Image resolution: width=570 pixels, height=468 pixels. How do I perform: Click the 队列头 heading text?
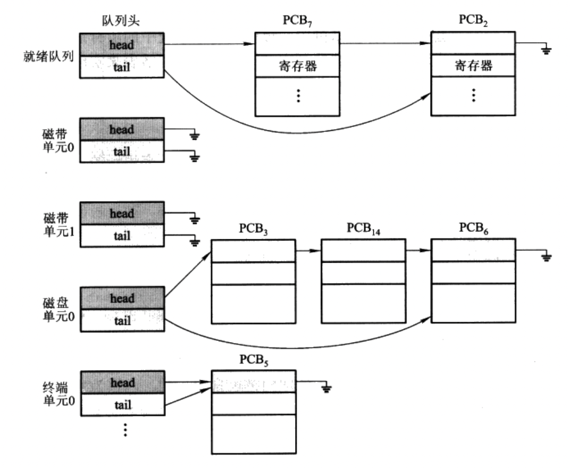tap(120, 20)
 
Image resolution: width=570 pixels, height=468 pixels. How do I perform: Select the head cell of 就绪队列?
tap(122, 44)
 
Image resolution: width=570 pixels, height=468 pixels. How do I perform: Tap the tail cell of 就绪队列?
tap(122, 67)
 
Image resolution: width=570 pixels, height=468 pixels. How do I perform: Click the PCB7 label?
tap(297, 21)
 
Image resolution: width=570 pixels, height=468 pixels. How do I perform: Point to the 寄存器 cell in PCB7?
tap(297, 66)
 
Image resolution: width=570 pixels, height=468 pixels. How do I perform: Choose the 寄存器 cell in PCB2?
tap(473, 65)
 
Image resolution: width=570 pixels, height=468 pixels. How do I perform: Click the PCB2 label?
tap(473, 20)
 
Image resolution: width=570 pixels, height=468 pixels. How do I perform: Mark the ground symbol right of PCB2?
tap(546, 50)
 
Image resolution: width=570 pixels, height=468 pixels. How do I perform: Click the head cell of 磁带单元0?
tap(122, 129)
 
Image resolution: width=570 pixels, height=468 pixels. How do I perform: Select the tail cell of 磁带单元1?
tap(122, 236)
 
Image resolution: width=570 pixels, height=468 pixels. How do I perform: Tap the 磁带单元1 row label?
tap(59, 224)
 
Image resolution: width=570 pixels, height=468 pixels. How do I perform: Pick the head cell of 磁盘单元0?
tap(122, 298)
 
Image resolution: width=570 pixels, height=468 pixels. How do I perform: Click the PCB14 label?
tap(363, 229)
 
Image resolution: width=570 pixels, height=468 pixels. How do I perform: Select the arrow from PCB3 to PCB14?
tap(308, 250)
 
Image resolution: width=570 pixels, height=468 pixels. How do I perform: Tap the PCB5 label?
tap(254, 360)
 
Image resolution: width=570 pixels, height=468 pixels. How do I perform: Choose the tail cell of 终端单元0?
tap(123, 405)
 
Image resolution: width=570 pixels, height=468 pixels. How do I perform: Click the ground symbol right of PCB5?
tap(326, 389)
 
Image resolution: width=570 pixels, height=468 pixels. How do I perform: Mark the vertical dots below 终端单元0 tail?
tap(125, 430)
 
